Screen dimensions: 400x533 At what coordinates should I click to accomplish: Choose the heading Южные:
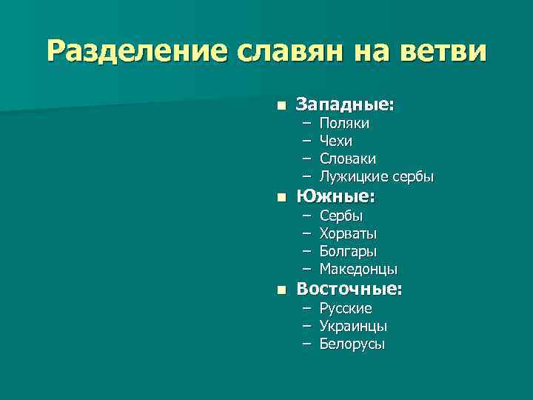(335, 197)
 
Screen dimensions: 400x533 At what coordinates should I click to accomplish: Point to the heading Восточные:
(349, 290)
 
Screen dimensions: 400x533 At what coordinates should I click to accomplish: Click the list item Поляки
(344, 124)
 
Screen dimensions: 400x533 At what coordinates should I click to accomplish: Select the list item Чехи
(336, 141)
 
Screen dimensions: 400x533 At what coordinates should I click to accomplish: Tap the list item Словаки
(347, 159)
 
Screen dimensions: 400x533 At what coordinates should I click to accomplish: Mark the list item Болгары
(348, 251)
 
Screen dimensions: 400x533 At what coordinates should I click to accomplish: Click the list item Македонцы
(358, 269)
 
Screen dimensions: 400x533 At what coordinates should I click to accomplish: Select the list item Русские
(346, 308)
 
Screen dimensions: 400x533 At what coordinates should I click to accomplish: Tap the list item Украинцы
(353, 326)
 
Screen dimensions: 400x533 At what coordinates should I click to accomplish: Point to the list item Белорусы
(352, 344)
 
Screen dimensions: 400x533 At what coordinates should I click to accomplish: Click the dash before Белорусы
(306, 344)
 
